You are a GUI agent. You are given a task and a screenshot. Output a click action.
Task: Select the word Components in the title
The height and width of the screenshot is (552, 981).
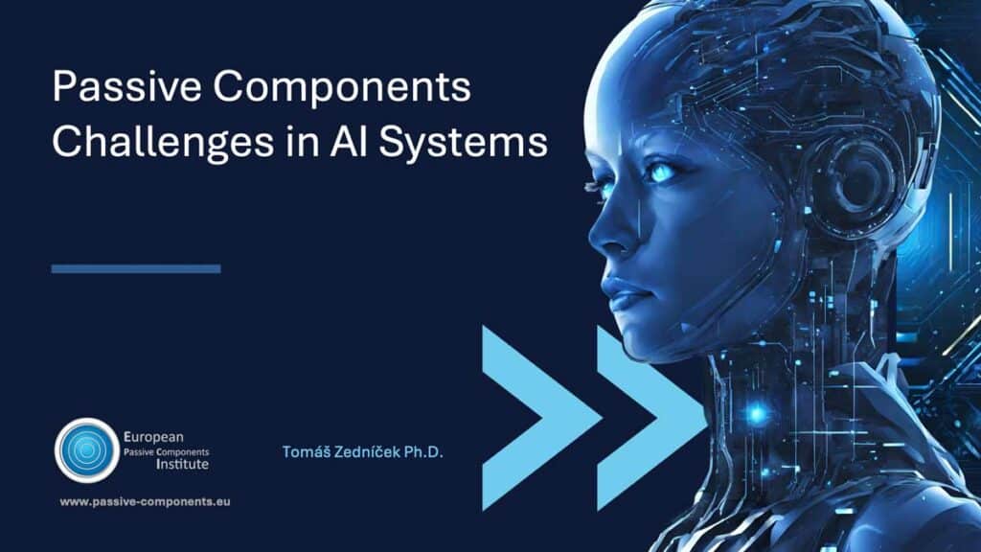pyautogui.click(x=342, y=87)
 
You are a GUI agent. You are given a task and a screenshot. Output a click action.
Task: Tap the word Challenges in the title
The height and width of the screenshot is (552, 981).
pyautogui.click(x=163, y=142)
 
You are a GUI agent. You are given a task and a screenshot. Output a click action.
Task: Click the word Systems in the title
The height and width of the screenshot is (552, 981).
pyautogui.click(x=463, y=142)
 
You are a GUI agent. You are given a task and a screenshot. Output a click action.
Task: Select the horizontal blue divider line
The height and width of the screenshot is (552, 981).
pyautogui.click(x=136, y=269)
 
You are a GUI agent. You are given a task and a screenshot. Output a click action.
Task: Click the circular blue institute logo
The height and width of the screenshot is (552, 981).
pyautogui.click(x=87, y=450)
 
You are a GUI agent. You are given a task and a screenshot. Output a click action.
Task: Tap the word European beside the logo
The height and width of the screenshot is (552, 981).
pyautogui.click(x=153, y=437)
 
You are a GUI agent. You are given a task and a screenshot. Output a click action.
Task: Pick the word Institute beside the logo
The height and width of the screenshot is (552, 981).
pyautogui.click(x=182, y=465)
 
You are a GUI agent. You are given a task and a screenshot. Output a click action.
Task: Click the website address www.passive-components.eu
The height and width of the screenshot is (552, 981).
pyautogui.click(x=146, y=501)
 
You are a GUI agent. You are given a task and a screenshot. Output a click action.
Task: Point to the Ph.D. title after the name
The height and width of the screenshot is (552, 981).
pyautogui.click(x=423, y=452)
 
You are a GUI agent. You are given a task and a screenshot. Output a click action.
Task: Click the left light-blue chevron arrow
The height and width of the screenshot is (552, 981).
pyautogui.click(x=542, y=418)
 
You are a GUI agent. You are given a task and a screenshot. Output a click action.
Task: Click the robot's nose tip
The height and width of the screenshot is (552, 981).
pyautogui.click(x=593, y=238)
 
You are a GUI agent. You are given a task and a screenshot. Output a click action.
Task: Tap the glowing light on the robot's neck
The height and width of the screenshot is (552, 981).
pyautogui.click(x=757, y=414)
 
